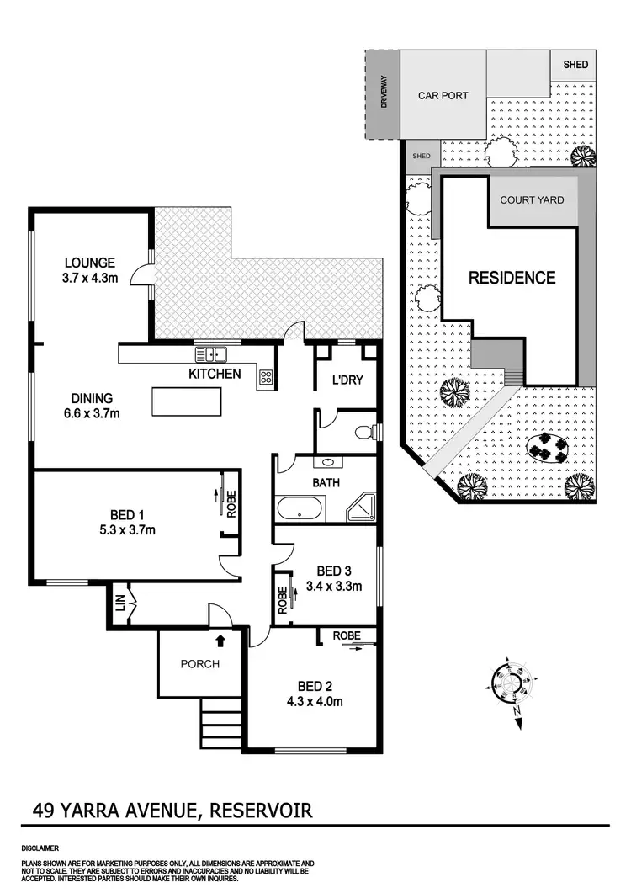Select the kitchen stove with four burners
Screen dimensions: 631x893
(266, 378)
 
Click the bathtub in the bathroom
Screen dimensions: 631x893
(300, 508)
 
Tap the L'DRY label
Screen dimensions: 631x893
(347, 380)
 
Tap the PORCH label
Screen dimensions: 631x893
(200, 664)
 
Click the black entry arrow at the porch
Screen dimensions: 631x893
(220, 641)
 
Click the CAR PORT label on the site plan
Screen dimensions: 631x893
(443, 96)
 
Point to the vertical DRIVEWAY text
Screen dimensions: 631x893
(382, 93)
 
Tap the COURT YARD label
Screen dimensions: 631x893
(532, 200)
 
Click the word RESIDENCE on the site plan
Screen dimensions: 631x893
(512, 278)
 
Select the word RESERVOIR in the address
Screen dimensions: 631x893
(261, 811)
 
